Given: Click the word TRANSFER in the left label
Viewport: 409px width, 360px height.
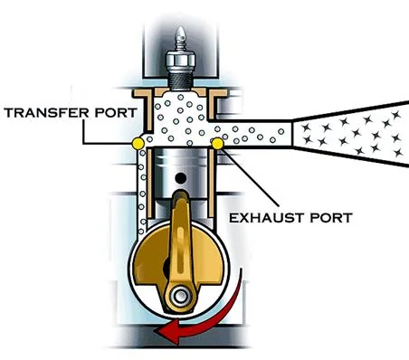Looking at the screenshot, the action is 46,113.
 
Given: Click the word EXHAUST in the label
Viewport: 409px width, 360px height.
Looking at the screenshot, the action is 262,217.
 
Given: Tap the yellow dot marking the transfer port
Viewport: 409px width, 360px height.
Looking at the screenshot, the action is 138,143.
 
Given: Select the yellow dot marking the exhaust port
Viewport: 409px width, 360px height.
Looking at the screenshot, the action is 217,144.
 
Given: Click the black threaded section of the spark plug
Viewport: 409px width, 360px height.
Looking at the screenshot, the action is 181,81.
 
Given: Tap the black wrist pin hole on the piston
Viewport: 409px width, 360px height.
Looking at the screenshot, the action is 181,178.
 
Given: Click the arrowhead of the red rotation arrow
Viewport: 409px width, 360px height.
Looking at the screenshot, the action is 166,332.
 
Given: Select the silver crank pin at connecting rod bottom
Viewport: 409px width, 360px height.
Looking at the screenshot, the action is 181,296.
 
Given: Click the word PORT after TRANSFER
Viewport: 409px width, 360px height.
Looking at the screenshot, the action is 116,113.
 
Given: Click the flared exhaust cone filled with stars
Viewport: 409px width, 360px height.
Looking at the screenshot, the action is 351,134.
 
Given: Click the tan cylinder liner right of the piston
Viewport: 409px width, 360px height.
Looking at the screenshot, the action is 211,183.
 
